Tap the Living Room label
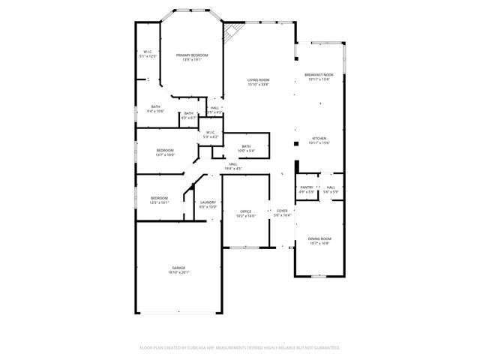tap(259, 82)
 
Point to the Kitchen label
tap(319, 139)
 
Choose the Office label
tap(245, 213)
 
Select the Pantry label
tap(306, 189)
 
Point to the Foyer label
tap(282, 213)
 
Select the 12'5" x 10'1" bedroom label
tap(159, 199)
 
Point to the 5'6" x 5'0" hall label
tap(331, 189)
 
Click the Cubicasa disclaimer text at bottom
tap(240, 348)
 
